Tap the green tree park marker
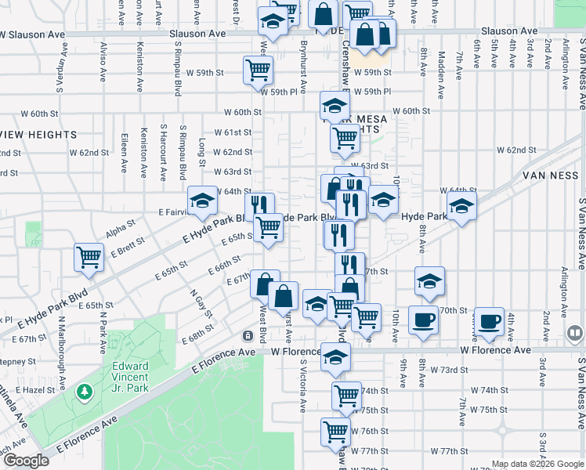coord(83,390)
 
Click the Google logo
coord(26,461)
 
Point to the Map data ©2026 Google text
coord(537,464)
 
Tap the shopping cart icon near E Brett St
coord(89,255)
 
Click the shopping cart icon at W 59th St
coord(258,69)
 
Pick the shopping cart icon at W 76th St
coord(335,431)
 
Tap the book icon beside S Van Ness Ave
coord(574,334)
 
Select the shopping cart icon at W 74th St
coord(345,396)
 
